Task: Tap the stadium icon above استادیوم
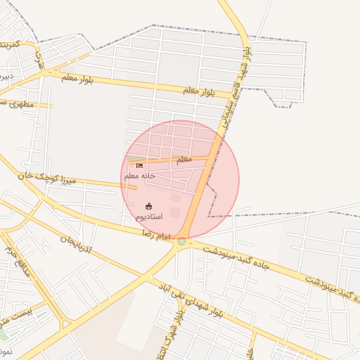(148, 206)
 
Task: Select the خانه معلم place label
(139, 176)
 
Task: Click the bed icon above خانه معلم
(129, 166)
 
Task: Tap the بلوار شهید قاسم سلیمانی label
(234, 84)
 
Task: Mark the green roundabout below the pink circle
(182, 241)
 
